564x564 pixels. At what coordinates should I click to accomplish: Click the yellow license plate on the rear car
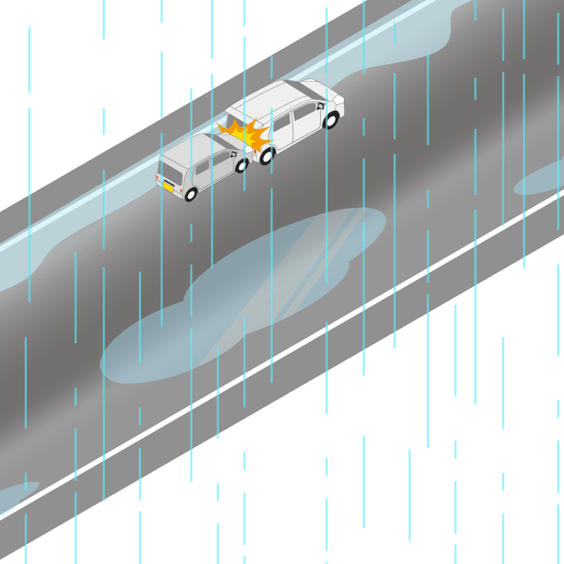coord(168,187)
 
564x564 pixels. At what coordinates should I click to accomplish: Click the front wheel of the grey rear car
coord(241,166)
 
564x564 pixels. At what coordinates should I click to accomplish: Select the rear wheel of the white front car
coord(266,157)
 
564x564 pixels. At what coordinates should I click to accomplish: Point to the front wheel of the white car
coord(331,121)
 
